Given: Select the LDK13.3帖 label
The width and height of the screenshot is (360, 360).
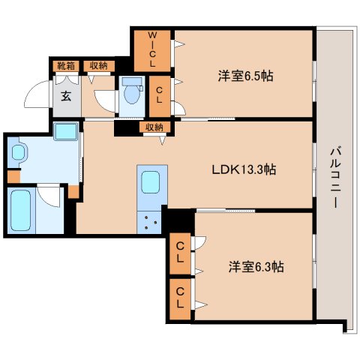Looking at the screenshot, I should (244, 169).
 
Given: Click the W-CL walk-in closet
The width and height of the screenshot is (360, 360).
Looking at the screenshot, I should (152, 49).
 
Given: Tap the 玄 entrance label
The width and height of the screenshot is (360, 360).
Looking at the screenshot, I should (65, 95).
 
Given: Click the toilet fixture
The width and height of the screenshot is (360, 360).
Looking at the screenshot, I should (133, 93).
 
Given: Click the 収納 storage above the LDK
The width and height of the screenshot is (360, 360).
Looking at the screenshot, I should (154, 127).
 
